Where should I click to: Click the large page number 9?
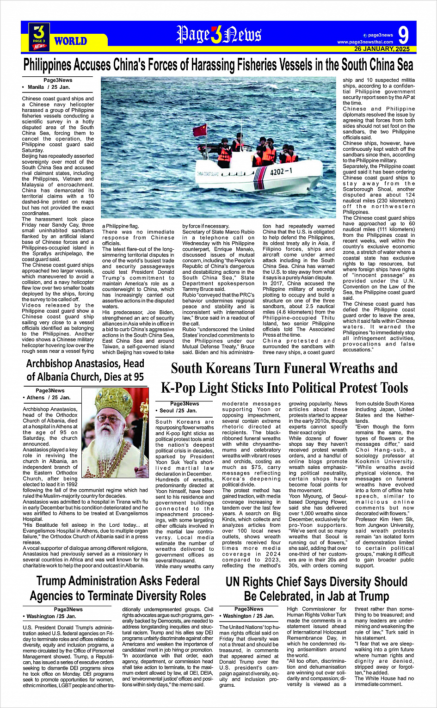(x=403, y=36)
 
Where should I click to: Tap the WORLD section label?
(x=70, y=41)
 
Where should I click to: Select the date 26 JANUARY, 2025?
(x=382, y=49)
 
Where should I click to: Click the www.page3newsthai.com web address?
(x=365, y=42)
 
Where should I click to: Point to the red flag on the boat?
(x=200, y=130)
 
